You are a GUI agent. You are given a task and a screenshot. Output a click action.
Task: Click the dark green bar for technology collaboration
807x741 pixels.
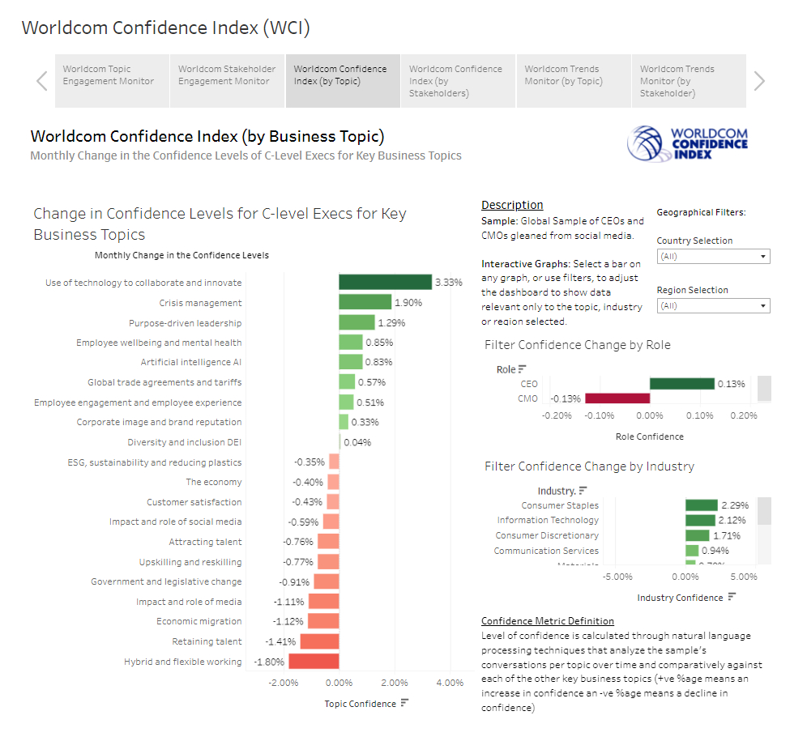pyautogui.click(x=385, y=282)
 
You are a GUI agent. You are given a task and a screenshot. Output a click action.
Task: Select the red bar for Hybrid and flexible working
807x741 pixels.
pyautogui.click(x=314, y=661)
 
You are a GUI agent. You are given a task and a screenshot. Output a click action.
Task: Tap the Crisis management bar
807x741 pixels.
pyautogui.click(x=365, y=302)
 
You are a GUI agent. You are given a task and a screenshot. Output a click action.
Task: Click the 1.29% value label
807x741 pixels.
pyautogui.click(x=391, y=322)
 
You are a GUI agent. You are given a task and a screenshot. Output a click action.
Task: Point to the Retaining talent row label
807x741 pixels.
pyautogui.click(x=207, y=641)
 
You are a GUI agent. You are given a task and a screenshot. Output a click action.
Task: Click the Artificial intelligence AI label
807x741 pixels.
pyautogui.click(x=191, y=362)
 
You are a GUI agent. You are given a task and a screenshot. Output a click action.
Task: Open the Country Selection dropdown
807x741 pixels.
pyautogui.click(x=713, y=257)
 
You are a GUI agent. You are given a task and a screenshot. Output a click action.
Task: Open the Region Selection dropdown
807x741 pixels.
pyautogui.click(x=713, y=306)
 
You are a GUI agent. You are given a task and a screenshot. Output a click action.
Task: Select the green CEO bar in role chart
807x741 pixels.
pyautogui.click(x=681, y=384)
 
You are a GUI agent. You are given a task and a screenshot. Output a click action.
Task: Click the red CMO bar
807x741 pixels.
pyautogui.click(x=617, y=398)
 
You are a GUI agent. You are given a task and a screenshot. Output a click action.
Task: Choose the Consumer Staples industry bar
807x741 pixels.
pyautogui.click(x=702, y=505)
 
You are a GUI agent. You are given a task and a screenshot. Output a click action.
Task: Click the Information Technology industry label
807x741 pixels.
pyautogui.click(x=548, y=520)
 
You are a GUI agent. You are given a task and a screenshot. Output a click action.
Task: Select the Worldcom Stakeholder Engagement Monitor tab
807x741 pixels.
pyautogui.click(x=227, y=75)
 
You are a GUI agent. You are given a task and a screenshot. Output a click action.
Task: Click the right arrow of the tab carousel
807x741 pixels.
pyautogui.click(x=759, y=80)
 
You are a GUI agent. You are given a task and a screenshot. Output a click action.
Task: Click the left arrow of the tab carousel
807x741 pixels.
pyautogui.click(x=42, y=80)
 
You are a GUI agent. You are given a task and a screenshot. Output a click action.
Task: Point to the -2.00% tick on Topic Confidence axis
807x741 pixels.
pyautogui.click(x=283, y=683)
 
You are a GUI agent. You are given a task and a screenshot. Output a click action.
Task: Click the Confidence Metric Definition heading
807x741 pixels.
pyautogui.click(x=548, y=621)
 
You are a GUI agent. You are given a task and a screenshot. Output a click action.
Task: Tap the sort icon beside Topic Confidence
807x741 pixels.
pyautogui.click(x=404, y=703)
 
